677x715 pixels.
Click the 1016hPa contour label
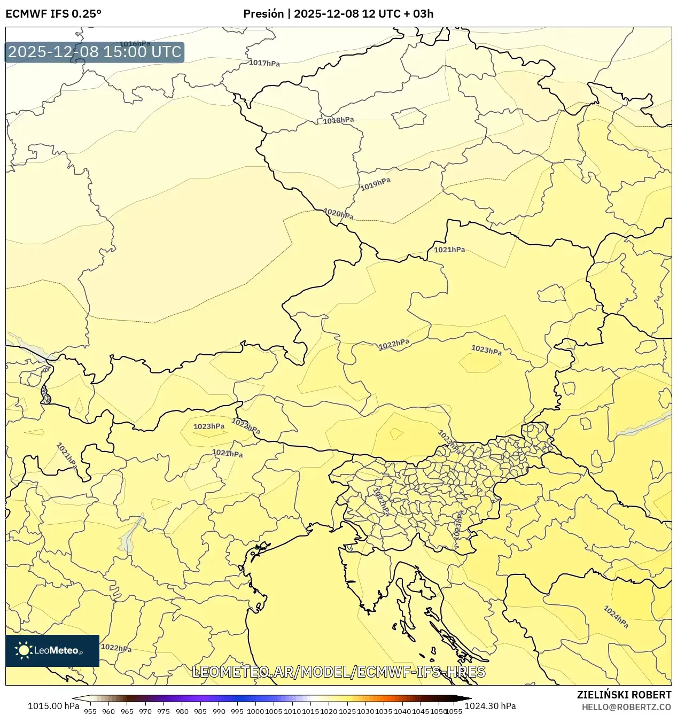[x=135, y=44]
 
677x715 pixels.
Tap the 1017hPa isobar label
[x=264, y=63]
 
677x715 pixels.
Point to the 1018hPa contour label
[x=338, y=120]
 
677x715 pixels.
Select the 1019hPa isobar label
[x=375, y=184]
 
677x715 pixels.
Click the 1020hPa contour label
[x=338, y=214]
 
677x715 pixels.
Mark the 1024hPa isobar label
[x=616, y=617]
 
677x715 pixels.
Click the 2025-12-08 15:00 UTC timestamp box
[x=95, y=52]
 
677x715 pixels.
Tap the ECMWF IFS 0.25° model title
[x=53, y=14]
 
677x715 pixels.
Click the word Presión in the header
[x=263, y=14]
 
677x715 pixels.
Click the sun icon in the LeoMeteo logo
[x=24, y=650]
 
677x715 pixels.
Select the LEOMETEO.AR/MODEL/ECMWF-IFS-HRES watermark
[x=339, y=672]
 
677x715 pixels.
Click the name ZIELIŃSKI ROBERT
[x=624, y=695]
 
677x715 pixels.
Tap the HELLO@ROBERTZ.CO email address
[x=626, y=707]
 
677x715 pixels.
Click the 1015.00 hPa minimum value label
[x=53, y=706]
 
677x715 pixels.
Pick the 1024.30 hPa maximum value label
[x=490, y=706]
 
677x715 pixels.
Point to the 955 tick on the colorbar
[x=90, y=711]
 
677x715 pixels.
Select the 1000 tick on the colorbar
[x=255, y=711]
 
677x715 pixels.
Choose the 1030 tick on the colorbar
[x=365, y=711]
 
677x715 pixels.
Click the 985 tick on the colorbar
[x=200, y=711]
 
